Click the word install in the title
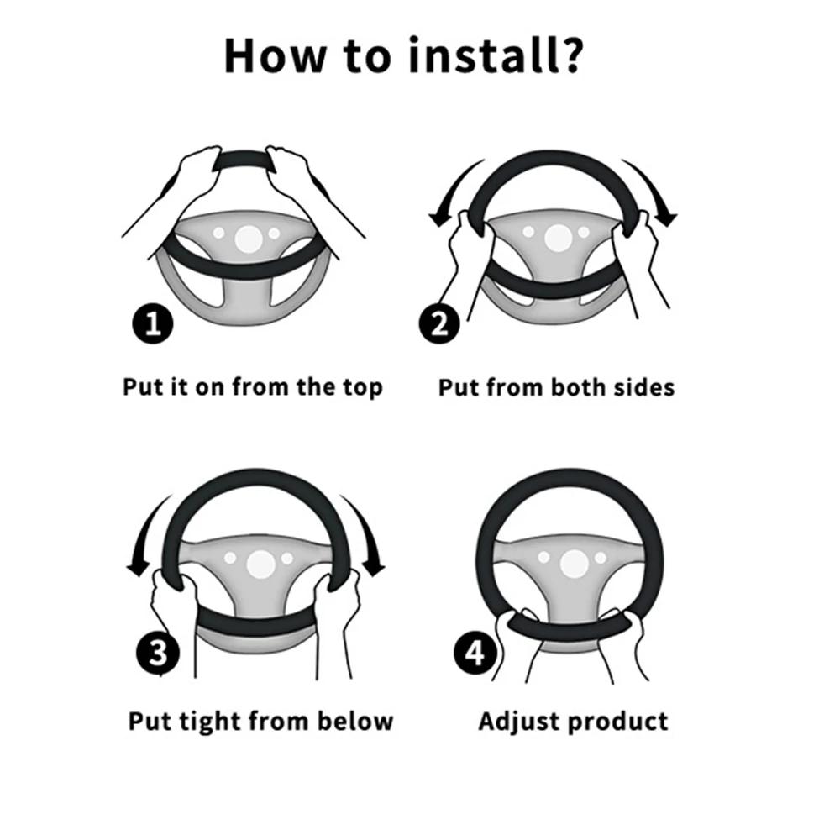coord(485,55)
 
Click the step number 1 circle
coord(153,324)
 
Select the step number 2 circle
coord(439,324)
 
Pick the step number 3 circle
coord(158,653)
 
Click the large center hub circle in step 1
coord(249,239)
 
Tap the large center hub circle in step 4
coord(574,563)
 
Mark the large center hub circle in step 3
coord(261,564)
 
